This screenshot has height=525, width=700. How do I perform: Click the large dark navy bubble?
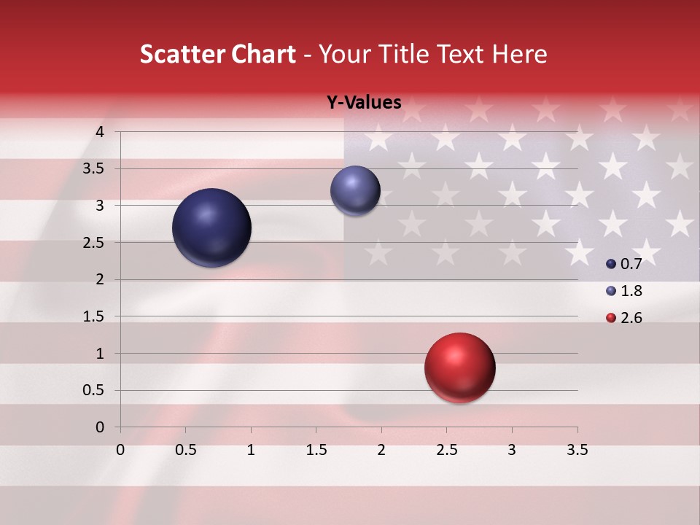(211, 227)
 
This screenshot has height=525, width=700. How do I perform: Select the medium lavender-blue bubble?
(355, 191)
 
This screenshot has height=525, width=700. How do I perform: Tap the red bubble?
(459, 367)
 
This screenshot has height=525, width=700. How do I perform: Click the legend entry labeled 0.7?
(623, 264)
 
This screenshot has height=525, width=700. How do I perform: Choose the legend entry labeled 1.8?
(623, 291)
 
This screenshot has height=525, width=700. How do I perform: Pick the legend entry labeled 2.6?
(623, 318)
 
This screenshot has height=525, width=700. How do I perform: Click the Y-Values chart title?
(363, 103)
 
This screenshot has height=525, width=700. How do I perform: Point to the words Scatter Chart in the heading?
(217, 54)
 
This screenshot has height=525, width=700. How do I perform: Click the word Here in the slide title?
(519, 54)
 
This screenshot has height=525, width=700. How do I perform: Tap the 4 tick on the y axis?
(101, 131)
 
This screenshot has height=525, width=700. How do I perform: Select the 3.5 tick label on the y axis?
(95, 168)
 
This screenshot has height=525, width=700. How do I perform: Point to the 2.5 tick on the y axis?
(95, 242)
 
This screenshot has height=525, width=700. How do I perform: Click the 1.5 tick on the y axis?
(95, 316)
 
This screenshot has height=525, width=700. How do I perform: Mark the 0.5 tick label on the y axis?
(95, 390)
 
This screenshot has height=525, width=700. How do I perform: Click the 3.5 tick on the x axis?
(577, 450)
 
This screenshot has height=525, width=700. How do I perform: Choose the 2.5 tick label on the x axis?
(446, 450)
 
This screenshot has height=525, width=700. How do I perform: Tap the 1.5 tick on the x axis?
(316, 450)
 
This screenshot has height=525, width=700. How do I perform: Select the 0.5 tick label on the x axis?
(185, 450)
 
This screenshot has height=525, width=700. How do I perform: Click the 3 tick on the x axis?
(512, 450)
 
